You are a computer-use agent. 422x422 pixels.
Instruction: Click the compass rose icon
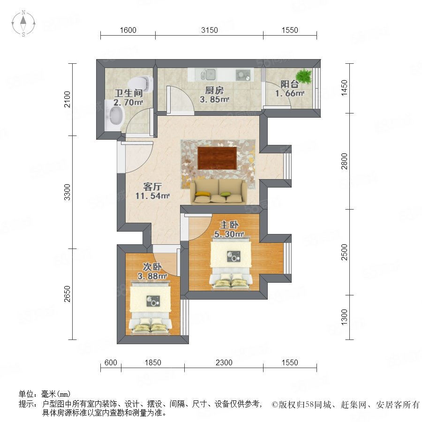click(23, 23)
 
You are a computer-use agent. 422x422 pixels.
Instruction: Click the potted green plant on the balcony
click(304, 75)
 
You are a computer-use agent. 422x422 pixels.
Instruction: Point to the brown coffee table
click(217, 158)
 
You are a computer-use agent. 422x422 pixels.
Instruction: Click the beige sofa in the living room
click(218, 192)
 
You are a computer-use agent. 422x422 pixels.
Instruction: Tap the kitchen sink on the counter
click(208, 74)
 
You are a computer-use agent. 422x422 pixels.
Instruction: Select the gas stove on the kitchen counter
click(243, 75)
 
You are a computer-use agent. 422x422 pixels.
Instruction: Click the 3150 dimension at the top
click(210, 30)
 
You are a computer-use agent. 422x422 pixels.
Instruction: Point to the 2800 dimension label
click(344, 161)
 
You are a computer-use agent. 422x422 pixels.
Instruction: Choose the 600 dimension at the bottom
click(111, 362)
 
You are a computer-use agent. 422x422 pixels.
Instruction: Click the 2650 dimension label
click(67, 294)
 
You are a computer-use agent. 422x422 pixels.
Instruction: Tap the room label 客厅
click(152, 187)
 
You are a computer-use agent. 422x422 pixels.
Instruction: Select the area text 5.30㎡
click(229, 234)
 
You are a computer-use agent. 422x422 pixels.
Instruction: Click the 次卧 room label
click(152, 266)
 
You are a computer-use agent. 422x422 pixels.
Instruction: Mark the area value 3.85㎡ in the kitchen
click(214, 99)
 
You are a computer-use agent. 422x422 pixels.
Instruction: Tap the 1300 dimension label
click(344, 317)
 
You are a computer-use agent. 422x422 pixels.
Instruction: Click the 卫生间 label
click(128, 93)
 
